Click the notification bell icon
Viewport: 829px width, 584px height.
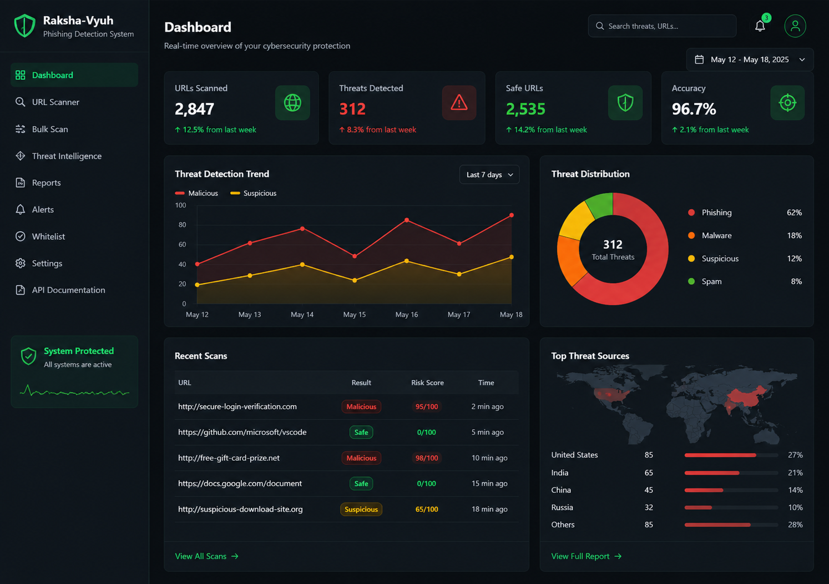point(760,26)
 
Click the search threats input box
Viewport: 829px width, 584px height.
point(662,26)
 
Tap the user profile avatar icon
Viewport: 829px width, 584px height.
point(795,26)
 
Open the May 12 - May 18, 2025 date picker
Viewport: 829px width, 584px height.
point(750,59)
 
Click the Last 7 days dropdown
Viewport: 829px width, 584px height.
point(489,174)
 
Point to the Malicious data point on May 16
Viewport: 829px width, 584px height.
point(407,220)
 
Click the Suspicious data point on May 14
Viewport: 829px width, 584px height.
point(302,264)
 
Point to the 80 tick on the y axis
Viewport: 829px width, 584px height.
point(182,225)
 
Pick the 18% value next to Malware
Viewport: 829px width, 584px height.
point(794,235)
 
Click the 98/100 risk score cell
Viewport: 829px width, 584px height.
point(426,458)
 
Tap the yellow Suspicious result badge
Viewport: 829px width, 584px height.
point(361,509)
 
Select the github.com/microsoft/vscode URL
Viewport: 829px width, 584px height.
point(242,432)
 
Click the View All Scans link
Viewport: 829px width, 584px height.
point(206,556)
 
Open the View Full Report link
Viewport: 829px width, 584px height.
point(586,556)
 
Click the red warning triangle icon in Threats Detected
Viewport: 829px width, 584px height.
point(459,103)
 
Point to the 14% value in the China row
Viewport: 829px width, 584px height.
point(795,490)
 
